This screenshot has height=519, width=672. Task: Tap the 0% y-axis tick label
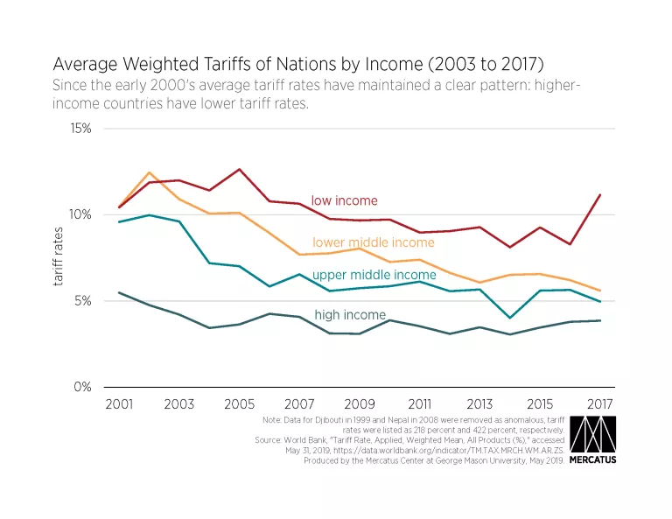(x=83, y=387)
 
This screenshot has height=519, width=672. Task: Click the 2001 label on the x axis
(x=118, y=405)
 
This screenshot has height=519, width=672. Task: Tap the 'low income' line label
(x=344, y=201)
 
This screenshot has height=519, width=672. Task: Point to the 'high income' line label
(x=350, y=314)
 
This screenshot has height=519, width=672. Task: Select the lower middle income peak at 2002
(x=149, y=172)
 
